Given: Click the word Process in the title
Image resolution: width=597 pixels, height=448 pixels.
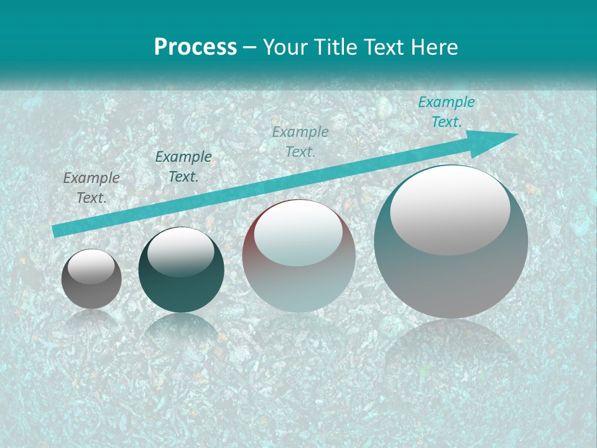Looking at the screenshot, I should point(195,47).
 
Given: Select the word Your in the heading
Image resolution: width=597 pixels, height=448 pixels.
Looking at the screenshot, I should point(287,47).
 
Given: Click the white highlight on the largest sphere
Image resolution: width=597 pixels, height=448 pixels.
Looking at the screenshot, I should point(450,210).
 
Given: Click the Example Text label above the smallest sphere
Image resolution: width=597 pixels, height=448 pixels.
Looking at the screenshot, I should point(91,187).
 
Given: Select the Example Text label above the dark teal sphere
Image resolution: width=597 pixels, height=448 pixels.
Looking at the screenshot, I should point(183,167).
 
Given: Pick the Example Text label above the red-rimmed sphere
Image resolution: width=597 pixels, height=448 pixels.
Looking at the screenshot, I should point(300,141).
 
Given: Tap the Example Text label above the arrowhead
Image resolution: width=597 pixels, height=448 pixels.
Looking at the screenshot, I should point(446,112).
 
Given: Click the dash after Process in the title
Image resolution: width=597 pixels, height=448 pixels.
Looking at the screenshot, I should point(250,47).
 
